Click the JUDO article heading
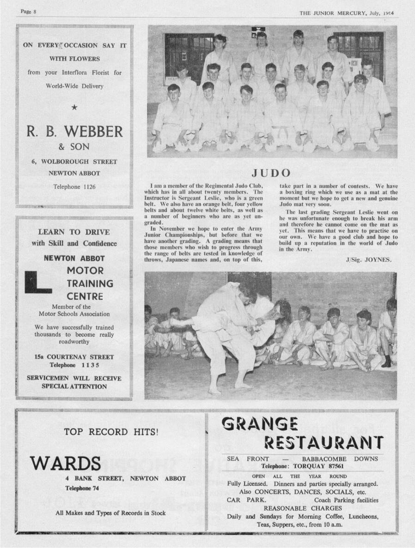[271, 173]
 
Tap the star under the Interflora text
[74, 108]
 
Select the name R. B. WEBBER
[74, 132]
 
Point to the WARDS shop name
[65, 463]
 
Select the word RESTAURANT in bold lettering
[323, 443]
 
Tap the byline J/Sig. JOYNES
[368, 259]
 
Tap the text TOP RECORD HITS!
[111, 432]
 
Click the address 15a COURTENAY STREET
[74, 357]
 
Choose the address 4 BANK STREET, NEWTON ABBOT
[125, 478]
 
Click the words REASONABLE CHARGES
[303, 508]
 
